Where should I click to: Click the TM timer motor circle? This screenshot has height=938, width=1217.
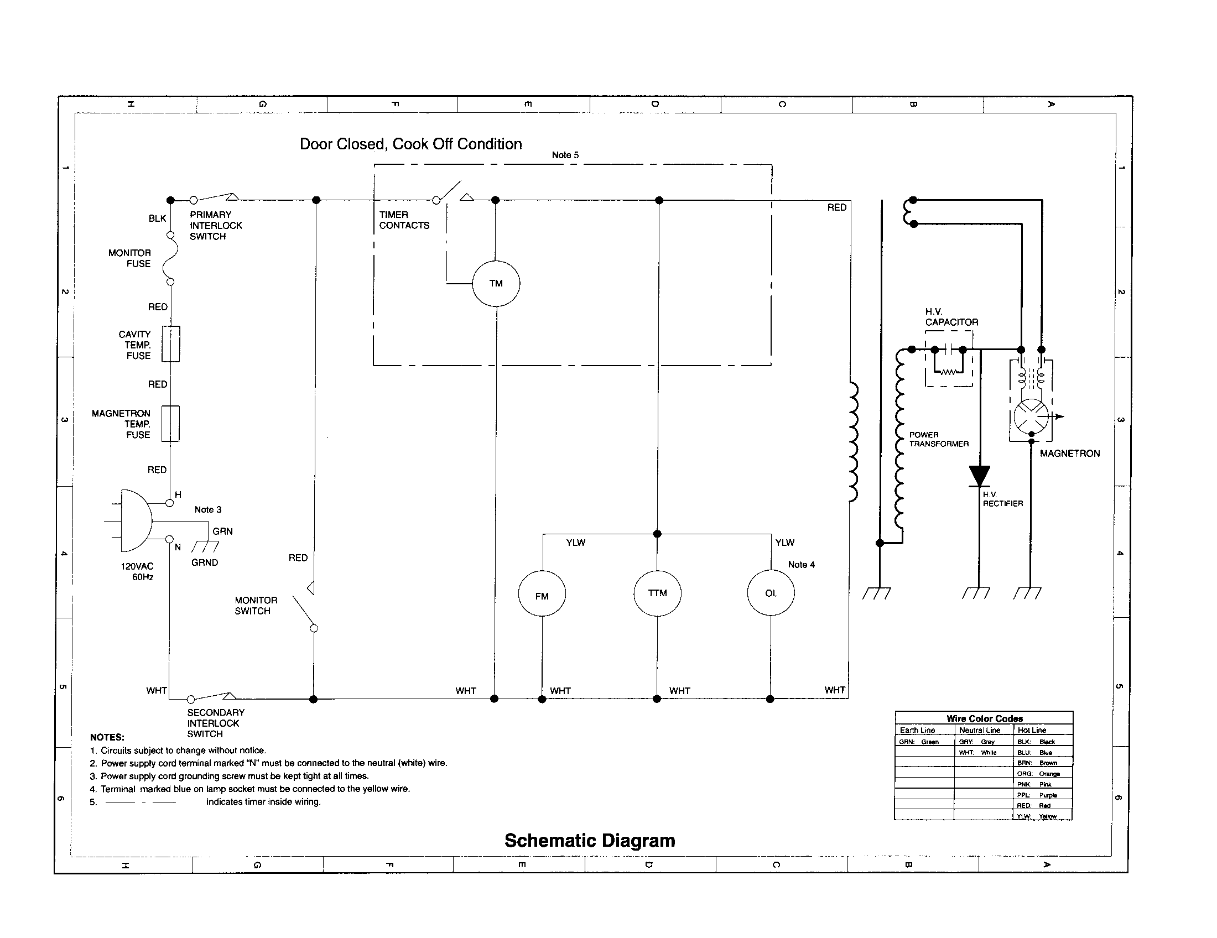[496, 284]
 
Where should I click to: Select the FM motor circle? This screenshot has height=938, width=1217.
[542, 594]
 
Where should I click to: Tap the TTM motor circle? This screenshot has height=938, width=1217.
[658, 593]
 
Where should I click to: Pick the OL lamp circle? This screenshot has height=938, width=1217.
[771, 593]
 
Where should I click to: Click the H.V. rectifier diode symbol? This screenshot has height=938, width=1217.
[979, 476]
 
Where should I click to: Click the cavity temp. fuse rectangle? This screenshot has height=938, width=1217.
[170, 344]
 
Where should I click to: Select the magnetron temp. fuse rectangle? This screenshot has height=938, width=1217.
[170, 424]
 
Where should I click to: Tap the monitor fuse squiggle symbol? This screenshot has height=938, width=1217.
[170, 258]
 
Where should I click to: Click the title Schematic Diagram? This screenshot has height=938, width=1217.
[590, 840]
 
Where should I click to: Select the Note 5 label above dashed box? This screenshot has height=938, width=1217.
[565, 155]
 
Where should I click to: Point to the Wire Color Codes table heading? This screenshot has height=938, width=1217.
[984, 718]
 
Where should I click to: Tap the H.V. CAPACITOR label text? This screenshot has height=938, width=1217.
[951, 317]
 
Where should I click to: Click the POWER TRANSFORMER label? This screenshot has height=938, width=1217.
[938, 439]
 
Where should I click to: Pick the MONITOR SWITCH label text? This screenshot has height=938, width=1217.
[256, 606]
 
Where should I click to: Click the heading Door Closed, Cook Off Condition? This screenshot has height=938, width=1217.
[410, 144]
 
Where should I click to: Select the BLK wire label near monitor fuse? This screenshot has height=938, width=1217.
[157, 218]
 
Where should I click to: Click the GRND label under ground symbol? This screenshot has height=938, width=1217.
[205, 562]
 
